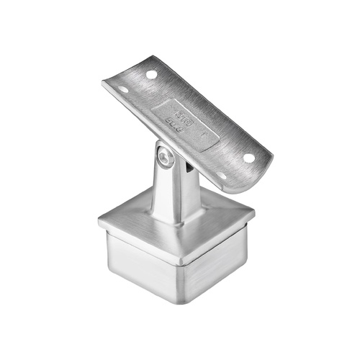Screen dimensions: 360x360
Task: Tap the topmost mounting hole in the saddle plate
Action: (152, 74)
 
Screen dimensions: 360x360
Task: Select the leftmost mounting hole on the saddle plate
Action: (123, 90)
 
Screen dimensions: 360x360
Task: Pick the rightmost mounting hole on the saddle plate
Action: (248, 157)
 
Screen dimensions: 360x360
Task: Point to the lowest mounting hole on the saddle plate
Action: (222, 175)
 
